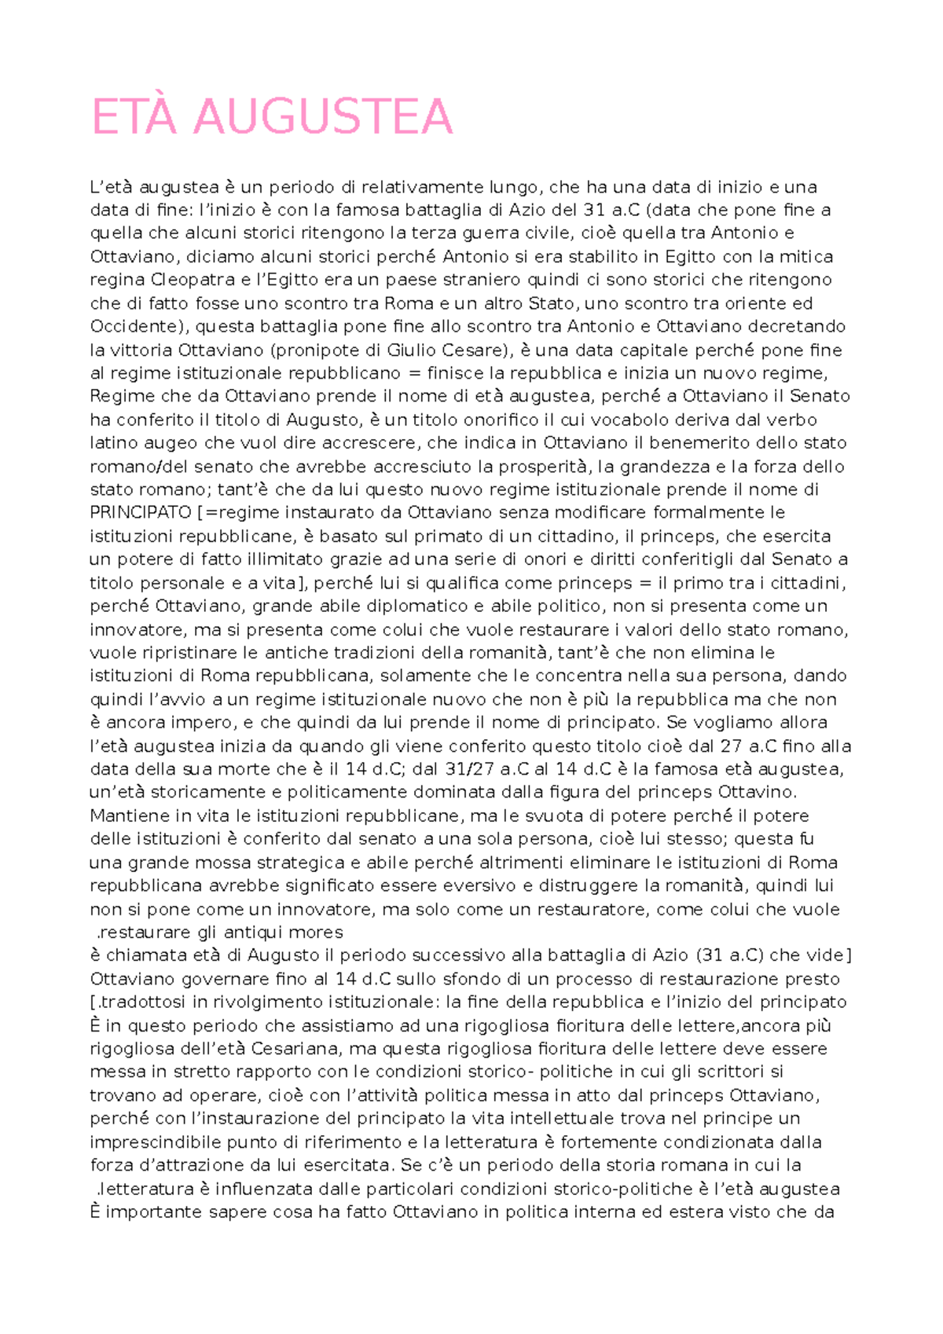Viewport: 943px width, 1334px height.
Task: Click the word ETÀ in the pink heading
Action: [137, 117]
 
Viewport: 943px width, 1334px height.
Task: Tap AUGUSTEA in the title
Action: [323, 117]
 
